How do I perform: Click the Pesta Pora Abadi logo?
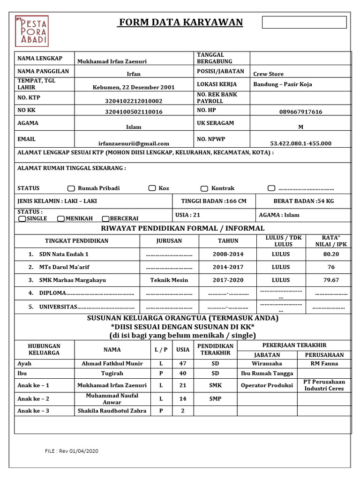click(31, 30)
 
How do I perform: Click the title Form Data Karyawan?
click(180, 22)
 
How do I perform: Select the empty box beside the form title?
click(304, 22)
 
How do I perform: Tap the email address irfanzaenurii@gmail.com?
click(134, 143)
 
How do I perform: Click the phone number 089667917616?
click(300, 112)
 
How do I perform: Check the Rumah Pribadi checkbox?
click(71, 188)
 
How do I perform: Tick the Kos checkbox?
click(152, 188)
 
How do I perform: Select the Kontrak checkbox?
click(204, 188)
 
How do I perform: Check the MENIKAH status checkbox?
click(61, 218)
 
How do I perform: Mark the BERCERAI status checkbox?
click(105, 218)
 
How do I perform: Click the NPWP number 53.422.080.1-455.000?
click(300, 143)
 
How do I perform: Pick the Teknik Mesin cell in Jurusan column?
click(169, 280)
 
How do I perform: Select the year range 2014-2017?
click(228, 267)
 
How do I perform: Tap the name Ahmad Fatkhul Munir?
click(112, 363)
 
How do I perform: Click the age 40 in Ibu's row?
click(183, 374)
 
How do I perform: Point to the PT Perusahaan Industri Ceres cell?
click(323, 385)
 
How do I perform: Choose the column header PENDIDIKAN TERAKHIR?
click(215, 349)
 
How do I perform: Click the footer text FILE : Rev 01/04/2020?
click(72, 451)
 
